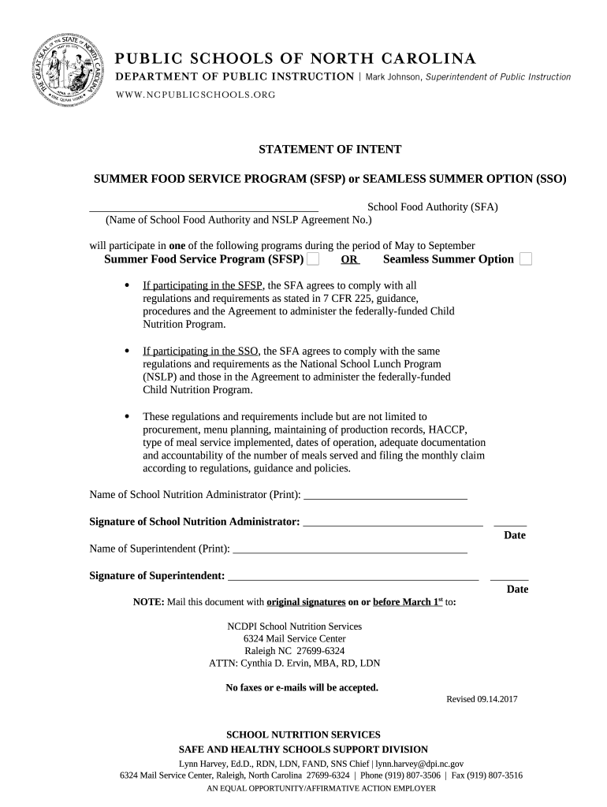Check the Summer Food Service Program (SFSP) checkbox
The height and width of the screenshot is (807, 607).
click(313, 259)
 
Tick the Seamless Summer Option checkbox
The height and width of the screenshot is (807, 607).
click(526, 259)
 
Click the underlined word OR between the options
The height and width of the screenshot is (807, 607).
click(350, 260)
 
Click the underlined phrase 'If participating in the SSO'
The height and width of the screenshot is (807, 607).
click(200, 351)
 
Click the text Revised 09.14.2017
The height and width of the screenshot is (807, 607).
click(482, 699)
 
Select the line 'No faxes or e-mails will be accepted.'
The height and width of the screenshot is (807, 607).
click(302, 687)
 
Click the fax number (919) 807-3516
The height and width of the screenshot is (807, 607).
click(497, 775)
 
